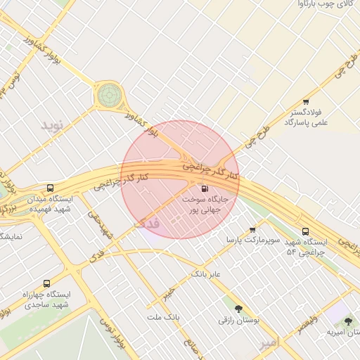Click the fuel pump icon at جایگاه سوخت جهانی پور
(205, 188)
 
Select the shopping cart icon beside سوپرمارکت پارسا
(253, 230)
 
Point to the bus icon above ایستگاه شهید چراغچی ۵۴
(305, 231)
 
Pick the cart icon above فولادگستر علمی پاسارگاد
(305, 102)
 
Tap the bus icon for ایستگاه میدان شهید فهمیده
(50, 188)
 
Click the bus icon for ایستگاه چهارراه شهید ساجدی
(46, 283)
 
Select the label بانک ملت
(164, 317)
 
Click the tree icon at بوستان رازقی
(238, 308)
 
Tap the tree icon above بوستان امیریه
(347, 321)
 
